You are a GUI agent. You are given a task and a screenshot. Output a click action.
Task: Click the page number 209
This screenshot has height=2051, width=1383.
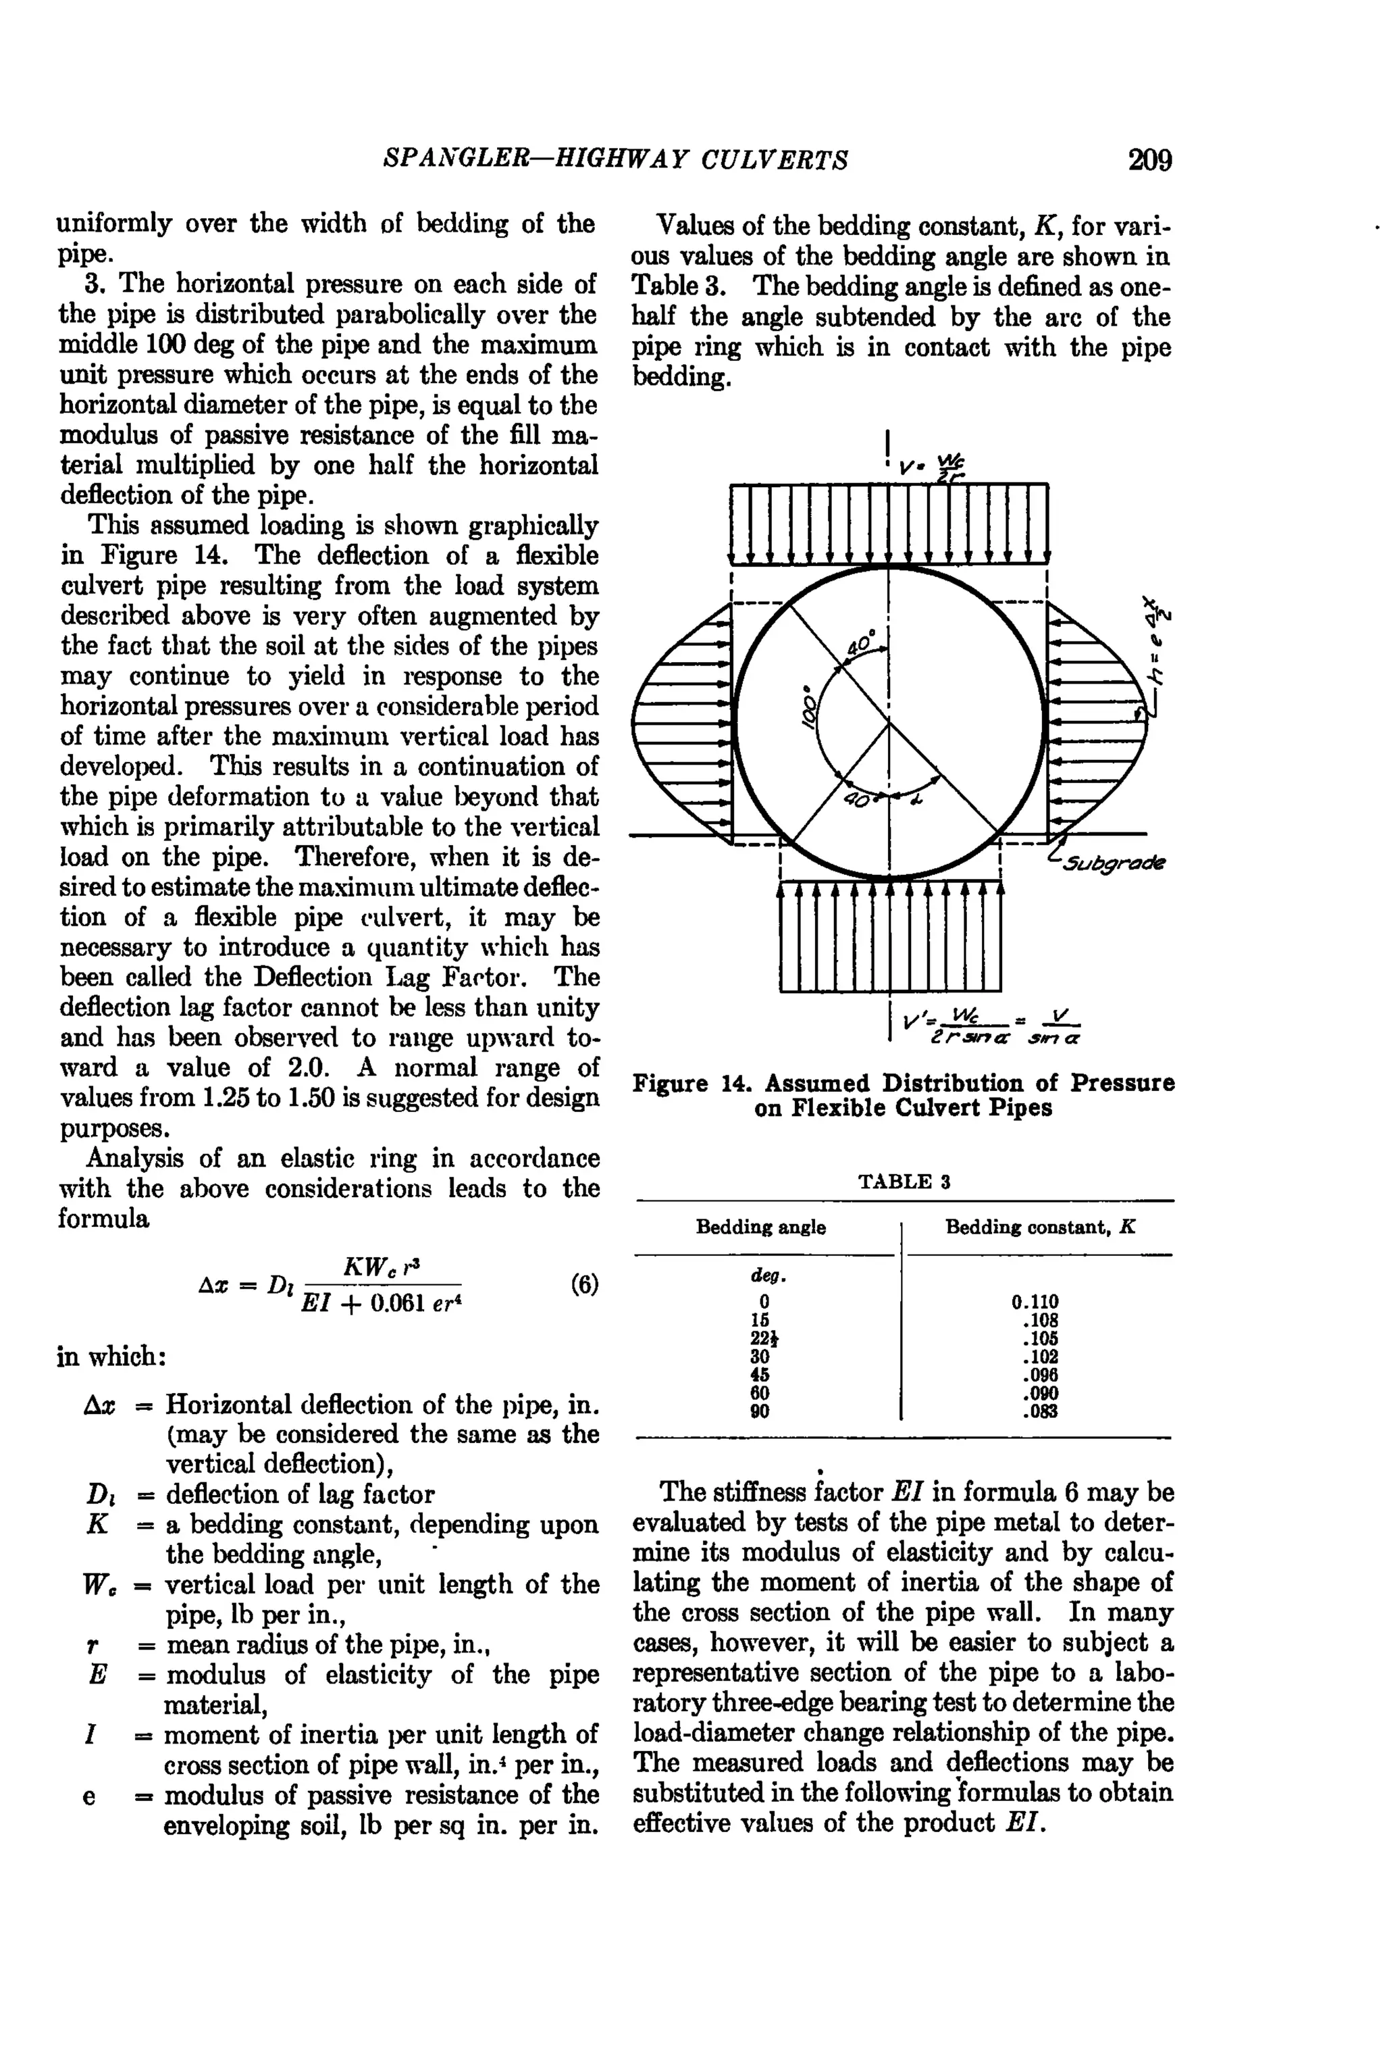pyautogui.click(x=1149, y=161)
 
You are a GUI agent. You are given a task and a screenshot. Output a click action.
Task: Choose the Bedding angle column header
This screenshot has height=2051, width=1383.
pyautogui.click(x=760, y=1227)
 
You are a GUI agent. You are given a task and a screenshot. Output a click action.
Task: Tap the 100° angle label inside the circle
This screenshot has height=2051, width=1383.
pyautogui.click(x=809, y=706)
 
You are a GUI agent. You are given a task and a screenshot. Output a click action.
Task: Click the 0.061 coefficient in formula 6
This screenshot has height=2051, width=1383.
pyautogui.click(x=398, y=1302)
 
